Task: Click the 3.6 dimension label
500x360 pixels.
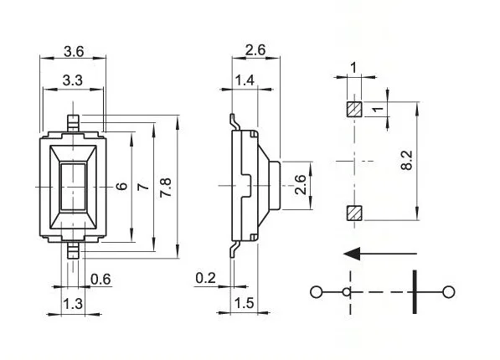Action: [x=74, y=51]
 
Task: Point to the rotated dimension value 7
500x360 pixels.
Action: [x=143, y=186]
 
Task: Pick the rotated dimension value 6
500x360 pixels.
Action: [x=122, y=186]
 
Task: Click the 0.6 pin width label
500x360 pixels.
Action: [x=100, y=279]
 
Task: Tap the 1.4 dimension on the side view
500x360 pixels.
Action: [x=245, y=80]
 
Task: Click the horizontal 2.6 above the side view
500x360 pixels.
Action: [x=255, y=51]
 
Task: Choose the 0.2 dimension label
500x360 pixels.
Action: [x=204, y=277]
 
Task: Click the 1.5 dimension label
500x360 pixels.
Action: [x=245, y=303]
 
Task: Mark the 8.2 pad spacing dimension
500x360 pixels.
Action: [x=407, y=160]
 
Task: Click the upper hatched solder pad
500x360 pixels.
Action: [x=353, y=109]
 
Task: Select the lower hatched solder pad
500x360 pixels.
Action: [x=353, y=213]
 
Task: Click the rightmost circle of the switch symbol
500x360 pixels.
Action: [x=449, y=291]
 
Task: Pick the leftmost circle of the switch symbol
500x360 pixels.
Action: [x=316, y=291]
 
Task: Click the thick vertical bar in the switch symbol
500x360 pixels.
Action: [x=414, y=291]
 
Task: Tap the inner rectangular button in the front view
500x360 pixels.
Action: [x=73, y=186]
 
